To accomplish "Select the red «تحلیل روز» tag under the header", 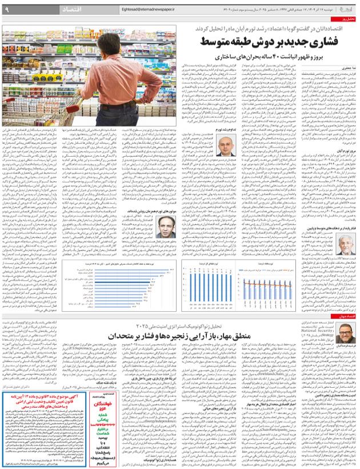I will (347, 20).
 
